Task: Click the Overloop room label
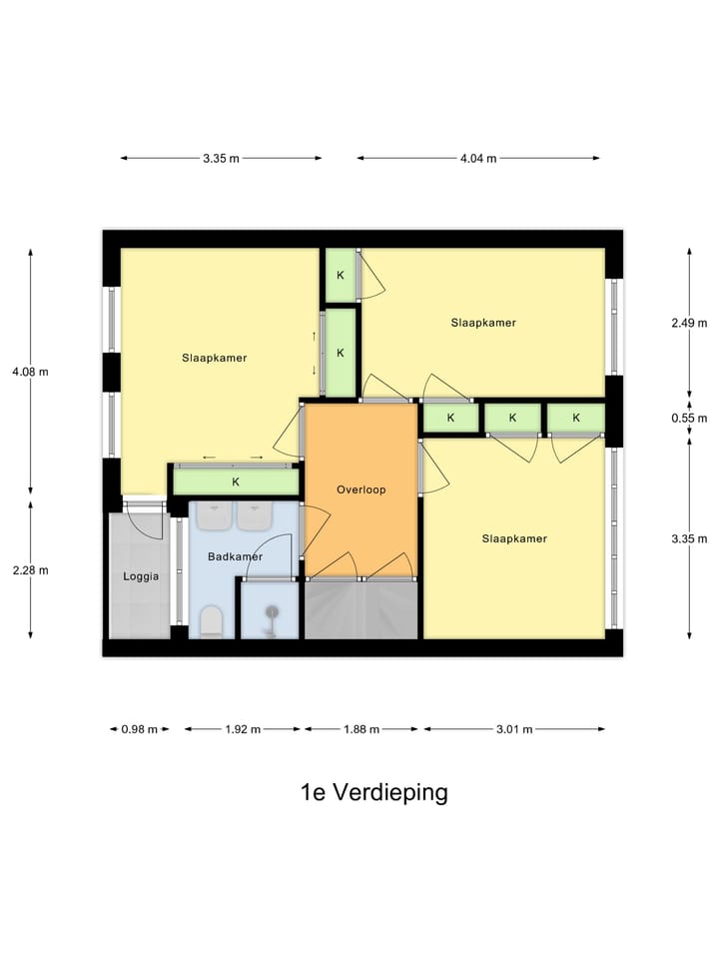click(360, 489)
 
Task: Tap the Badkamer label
click(235, 556)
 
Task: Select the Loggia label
click(141, 575)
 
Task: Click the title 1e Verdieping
click(373, 792)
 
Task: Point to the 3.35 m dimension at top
click(221, 158)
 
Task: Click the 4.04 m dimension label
click(477, 158)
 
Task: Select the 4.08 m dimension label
click(30, 371)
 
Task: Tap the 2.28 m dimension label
click(30, 569)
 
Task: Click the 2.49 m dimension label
click(689, 322)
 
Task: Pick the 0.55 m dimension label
click(689, 418)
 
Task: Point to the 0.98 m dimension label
click(139, 729)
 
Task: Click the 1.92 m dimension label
click(242, 729)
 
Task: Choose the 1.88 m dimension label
click(360, 729)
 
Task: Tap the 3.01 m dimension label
click(513, 729)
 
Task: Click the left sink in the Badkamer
click(213, 515)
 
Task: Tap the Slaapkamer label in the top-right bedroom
click(482, 323)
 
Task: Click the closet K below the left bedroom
click(236, 481)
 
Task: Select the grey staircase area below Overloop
click(360, 609)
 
